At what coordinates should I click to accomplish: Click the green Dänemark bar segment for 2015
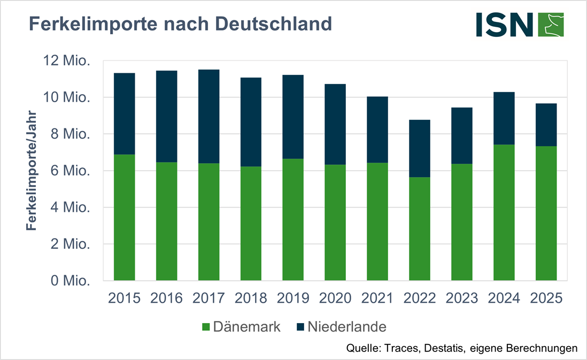[124, 217]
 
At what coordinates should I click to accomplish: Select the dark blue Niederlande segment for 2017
[208, 116]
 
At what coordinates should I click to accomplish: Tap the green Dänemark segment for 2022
[420, 228]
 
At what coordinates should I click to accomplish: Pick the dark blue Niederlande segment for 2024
[504, 118]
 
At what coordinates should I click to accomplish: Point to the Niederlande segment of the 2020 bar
[335, 124]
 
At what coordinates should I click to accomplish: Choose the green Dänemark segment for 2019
[293, 219]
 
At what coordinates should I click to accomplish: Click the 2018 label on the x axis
[251, 298]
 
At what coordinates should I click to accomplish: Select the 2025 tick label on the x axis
[546, 298]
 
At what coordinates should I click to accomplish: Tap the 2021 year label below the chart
[377, 298]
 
